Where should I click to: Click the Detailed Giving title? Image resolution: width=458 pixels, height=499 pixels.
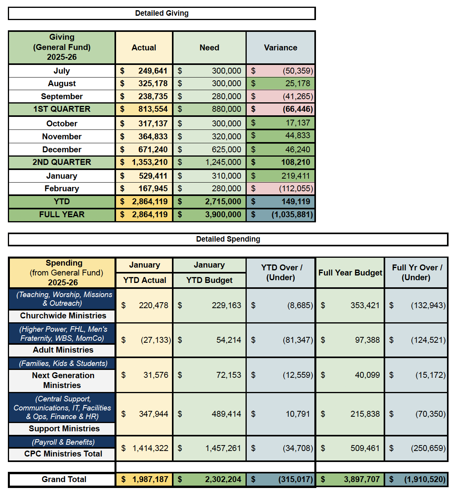pyautogui.click(x=162, y=13)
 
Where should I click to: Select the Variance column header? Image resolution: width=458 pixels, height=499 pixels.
pyautogui.click(x=280, y=48)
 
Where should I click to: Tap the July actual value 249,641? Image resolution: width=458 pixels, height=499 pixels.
pyautogui.click(x=153, y=71)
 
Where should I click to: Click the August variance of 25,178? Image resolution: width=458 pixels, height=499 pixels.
pyautogui.click(x=297, y=83)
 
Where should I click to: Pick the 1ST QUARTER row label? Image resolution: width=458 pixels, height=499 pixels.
pyautogui.click(x=62, y=109)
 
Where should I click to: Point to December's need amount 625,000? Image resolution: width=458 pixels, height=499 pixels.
pyautogui.click(x=226, y=150)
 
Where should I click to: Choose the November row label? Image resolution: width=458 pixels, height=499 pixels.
pyautogui.click(x=62, y=137)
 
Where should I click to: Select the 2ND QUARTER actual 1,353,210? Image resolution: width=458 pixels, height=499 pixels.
pyautogui.click(x=150, y=162)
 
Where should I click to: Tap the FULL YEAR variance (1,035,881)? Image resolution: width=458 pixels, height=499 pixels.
pyautogui.click(x=292, y=214)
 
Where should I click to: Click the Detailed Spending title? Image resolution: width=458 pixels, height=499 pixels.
pyautogui.click(x=228, y=239)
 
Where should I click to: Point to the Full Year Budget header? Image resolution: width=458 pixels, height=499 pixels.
pyautogui.click(x=350, y=273)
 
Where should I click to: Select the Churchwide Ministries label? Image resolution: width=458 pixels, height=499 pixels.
pyautogui.click(x=63, y=316)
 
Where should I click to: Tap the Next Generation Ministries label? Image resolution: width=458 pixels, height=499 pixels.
pyautogui.click(x=63, y=380)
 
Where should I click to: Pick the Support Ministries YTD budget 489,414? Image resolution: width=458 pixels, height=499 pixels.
pyautogui.click(x=226, y=414)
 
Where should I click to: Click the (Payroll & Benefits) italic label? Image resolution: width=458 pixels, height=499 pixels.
pyautogui.click(x=63, y=442)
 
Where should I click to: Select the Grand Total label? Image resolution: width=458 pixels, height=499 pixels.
pyautogui.click(x=64, y=479)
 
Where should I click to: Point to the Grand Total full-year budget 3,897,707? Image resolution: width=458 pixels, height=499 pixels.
pyautogui.click(x=362, y=479)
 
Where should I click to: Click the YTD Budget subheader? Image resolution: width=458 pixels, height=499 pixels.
pyautogui.click(x=209, y=280)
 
